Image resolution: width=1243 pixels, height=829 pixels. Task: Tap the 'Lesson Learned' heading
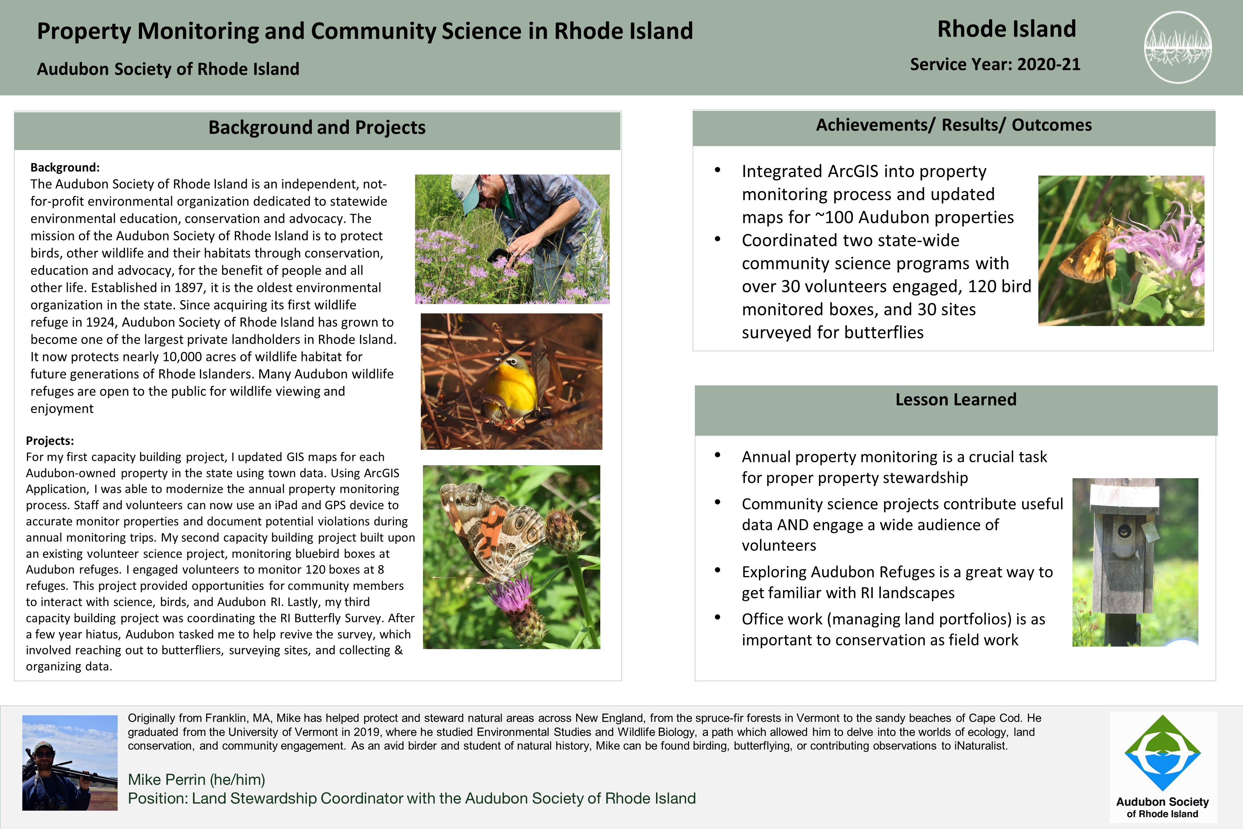point(956,400)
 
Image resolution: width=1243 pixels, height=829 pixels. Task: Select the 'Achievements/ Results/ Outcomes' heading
point(953,125)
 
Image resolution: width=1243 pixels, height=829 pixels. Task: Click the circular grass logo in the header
point(1178,47)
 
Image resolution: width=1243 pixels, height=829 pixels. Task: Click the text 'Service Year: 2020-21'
point(994,64)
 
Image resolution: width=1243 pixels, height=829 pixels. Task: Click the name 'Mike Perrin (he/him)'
point(196,779)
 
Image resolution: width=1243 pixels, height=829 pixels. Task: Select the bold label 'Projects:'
point(50,441)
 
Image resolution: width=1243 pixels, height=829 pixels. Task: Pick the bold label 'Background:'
point(64,168)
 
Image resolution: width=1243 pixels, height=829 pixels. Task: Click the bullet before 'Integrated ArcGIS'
point(717,170)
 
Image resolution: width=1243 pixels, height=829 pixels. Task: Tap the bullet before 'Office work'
point(717,617)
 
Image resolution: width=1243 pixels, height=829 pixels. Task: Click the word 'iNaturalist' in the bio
point(980,746)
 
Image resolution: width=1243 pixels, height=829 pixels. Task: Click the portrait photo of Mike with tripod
point(70,762)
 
